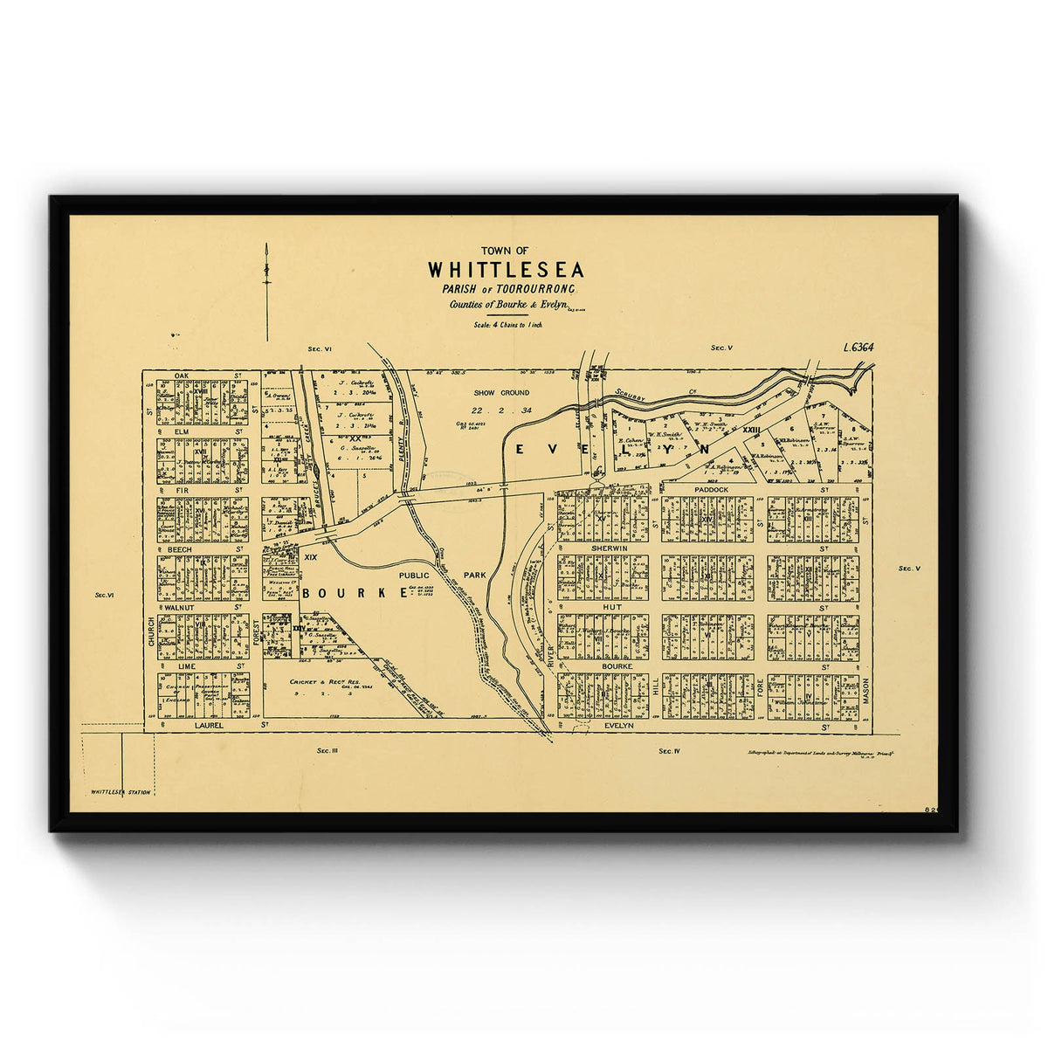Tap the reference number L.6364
pos(859,348)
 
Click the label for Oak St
pos(182,376)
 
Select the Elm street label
pos(182,431)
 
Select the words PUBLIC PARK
pos(442,576)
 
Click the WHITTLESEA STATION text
pos(121,792)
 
